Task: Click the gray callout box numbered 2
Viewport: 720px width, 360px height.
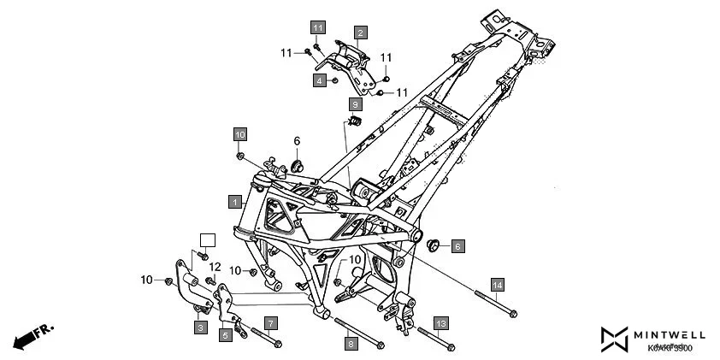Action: coord(361,32)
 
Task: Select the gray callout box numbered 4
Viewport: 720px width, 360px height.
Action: coord(320,80)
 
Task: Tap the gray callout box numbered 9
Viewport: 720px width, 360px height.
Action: coord(355,103)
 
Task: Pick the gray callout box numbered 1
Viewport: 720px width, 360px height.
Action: coord(233,201)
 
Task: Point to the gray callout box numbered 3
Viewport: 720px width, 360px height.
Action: coord(199,328)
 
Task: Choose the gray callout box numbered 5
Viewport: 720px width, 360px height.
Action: coord(227,336)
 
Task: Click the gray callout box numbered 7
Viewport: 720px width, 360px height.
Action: coord(270,323)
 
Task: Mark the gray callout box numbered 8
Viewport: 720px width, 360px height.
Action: coord(350,344)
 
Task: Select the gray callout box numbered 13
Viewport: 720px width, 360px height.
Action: coord(440,323)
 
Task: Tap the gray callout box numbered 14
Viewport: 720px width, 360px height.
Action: coord(498,284)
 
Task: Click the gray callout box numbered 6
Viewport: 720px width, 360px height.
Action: coord(457,246)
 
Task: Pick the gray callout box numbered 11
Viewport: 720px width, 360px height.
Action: coord(317,28)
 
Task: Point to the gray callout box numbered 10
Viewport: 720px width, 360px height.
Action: coord(240,134)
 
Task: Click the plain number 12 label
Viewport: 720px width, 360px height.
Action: coord(215,267)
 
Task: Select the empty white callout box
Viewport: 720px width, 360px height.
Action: coord(206,239)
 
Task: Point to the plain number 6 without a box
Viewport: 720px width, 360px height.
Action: coord(297,141)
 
